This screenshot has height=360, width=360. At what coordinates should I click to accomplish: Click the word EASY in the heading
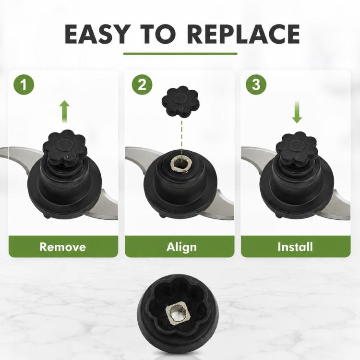96,34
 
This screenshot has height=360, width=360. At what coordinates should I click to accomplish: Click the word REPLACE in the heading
243,34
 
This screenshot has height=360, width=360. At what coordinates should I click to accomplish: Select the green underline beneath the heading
180,54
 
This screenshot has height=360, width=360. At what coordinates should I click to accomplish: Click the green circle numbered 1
24,84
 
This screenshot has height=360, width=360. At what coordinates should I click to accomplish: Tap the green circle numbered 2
142,84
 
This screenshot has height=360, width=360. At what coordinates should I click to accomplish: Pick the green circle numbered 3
256,84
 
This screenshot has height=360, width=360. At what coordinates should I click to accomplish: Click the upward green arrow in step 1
64,111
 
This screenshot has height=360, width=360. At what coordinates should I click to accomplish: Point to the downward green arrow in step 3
297,112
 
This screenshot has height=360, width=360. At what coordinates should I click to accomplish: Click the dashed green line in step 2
181,138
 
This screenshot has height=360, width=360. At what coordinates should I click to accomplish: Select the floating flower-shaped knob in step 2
180,102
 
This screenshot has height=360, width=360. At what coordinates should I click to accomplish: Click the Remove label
63,247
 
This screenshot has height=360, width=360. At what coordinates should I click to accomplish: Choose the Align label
181,247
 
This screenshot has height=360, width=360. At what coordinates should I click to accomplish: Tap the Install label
295,247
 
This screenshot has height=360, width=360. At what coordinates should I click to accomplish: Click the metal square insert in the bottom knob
177,313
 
